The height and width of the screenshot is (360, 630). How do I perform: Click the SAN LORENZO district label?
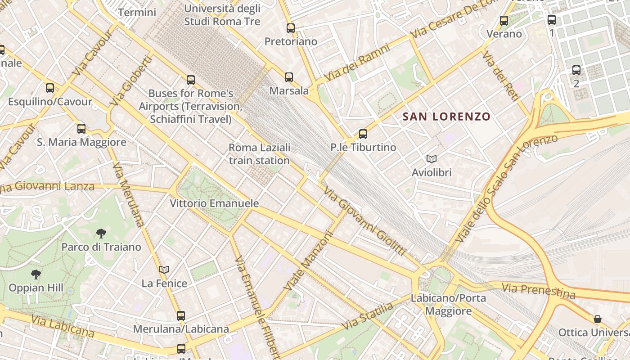[446, 117]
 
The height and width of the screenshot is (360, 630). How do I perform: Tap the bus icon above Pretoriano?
[291, 28]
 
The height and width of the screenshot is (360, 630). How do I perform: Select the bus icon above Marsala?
[289, 77]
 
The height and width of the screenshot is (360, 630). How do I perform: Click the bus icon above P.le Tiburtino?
[363, 134]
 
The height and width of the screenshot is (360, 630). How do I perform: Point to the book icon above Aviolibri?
[432, 159]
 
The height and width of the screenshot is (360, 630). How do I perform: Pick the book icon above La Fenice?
[164, 270]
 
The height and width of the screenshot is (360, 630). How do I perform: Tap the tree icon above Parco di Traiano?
[101, 233]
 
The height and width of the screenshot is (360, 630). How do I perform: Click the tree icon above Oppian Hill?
[36, 274]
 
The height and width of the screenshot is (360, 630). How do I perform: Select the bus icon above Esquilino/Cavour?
[50, 88]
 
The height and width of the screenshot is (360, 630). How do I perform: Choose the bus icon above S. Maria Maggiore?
[81, 129]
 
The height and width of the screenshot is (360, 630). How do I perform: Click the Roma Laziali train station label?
[259, 154]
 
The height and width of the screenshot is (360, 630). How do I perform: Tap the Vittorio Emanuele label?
[214, 203]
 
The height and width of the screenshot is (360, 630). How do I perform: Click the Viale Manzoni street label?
[309, 261]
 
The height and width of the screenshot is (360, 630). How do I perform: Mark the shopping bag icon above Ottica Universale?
[598, 319]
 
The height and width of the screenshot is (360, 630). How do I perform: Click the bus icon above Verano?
[504, 21]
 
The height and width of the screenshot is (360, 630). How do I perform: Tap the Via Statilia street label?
[367, 317]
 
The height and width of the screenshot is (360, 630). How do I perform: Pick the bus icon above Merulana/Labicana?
[181, 316]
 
